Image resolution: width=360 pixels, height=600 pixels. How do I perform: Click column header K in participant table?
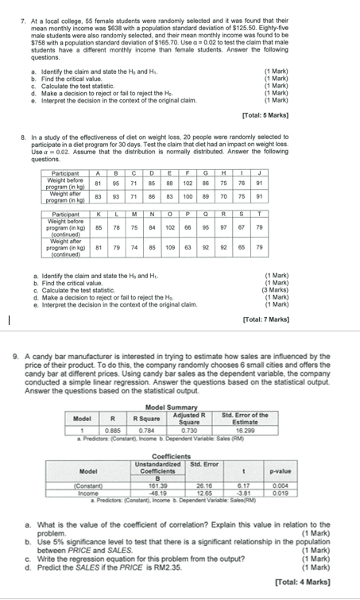[97, 213]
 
